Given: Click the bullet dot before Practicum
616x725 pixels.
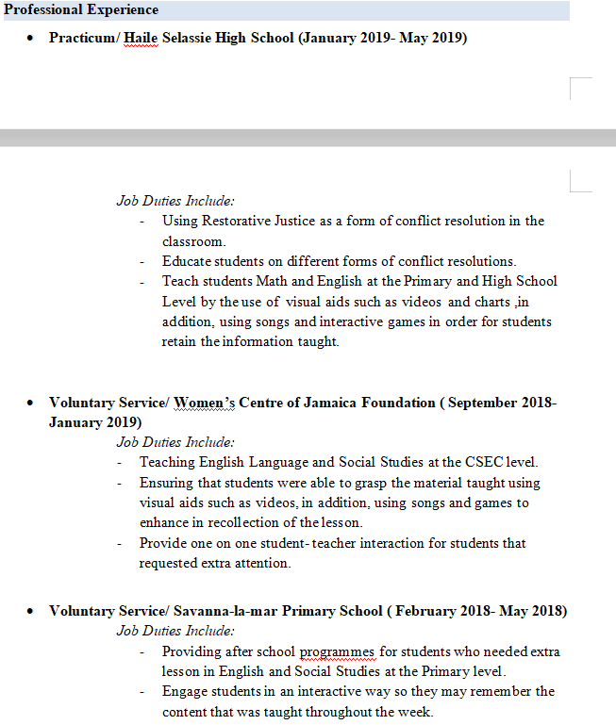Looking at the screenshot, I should pyautogui.click(x=31, y=40).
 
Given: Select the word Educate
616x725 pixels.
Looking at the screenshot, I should pyautogui.click(x=187, y=261).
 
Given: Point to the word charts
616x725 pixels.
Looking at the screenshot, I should pyautogui.click(x=492, y=302).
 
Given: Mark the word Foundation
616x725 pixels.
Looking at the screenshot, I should pyautogui.click(x=401, y=403).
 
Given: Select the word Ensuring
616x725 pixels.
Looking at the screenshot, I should pyautogui.click(x=167, y=483).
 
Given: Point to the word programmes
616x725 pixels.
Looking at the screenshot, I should pyautogui.click(x=337, y=651).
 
